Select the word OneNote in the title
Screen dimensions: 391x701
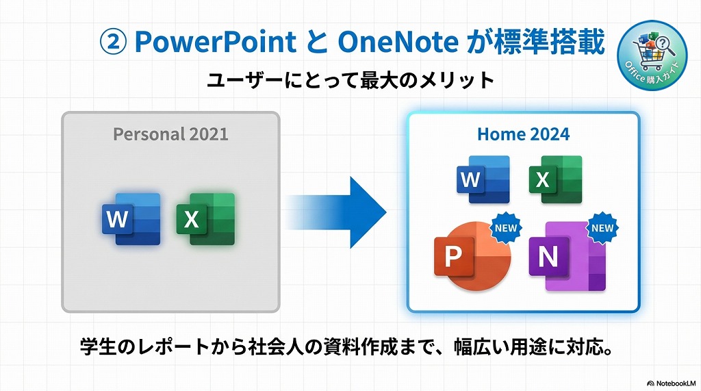(x=398, y=42)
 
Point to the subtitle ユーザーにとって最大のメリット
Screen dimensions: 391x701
(x=350, y=79)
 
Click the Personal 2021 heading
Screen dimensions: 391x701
(x=170, y=134)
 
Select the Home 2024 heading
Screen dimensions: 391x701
(x=523, y=134)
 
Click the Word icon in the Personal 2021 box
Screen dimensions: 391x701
(x=131, y=219)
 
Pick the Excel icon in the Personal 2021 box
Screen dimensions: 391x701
(x=205, y=219)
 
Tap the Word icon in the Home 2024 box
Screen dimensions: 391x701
(x=483, y=179)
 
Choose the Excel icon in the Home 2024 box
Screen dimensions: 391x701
(x=555, y=179)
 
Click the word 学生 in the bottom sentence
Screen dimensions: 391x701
(x=97, y=347)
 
